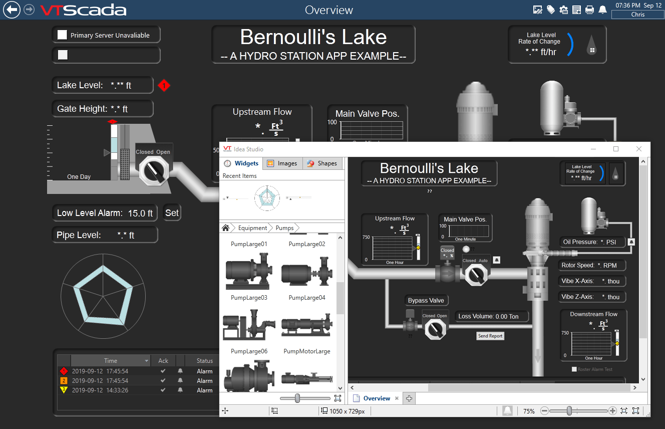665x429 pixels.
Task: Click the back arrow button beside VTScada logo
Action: click(x=12, y=10)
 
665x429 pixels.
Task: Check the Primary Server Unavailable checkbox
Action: click(x=62, y=35)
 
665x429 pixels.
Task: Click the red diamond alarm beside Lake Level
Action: click(x=164, y=86)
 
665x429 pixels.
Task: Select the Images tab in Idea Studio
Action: click(x=282, y=163)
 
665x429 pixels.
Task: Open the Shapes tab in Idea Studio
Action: click(x=322, y=163)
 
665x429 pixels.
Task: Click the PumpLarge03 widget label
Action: click(x=249, y=298)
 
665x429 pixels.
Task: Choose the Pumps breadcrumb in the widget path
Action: click(x=284, y=228)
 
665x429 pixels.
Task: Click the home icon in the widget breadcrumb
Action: click(x=226, y=228)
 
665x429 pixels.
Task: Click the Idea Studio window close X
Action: click(x=638, y=149)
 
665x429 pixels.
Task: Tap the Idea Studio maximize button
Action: click(x=616, y=149)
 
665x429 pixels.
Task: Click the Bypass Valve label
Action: click(x=426, y=301)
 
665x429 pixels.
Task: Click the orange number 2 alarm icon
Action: click(x=64, y=381)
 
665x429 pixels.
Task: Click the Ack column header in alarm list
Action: click(x=163, y=361)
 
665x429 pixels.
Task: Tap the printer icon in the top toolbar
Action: click(x=589, y=10)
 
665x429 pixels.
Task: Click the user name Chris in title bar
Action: click(x=637, y=15)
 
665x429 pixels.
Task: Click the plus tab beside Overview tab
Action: click(x=409, y=398)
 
